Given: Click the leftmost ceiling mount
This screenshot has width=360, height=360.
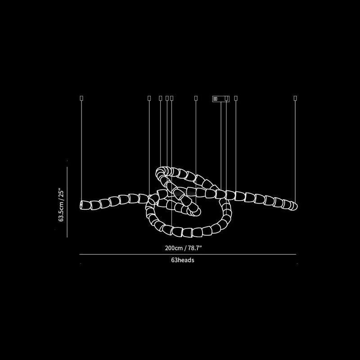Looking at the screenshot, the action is tap(81, 98).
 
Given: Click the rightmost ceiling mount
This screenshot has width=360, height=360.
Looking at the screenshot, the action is tap(295, 98).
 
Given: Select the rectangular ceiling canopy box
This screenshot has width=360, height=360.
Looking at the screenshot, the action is tap(220, 99).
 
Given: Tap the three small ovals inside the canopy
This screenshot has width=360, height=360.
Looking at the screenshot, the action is tap(215, 99).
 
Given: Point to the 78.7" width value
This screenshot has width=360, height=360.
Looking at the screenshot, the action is tap(195, 248).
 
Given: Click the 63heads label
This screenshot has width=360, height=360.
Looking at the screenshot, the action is tap(183, 260).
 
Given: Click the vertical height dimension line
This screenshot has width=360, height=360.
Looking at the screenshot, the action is tap(67, 202).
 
